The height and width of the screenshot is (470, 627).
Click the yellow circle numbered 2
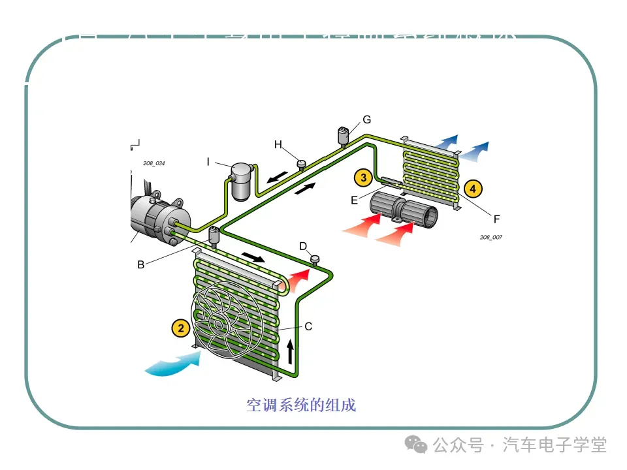pyautogui.click(x=181, y=328)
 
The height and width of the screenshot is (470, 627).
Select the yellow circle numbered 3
pyautogui.click(x=362, y=176)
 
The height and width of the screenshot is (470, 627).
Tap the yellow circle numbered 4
pyautogui.click(x=473, y=189)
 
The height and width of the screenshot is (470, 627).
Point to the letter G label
pyautogui.click(x=366, y=119)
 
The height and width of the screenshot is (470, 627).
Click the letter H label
pyautogui.click(x=278, y=144)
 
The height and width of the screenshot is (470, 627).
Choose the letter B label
pyautogui.click(x=140, y=264)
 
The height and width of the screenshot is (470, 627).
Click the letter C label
pyautogui.click(x=308, y=326)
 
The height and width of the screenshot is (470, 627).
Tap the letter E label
pyautogui.click(x=355, y=200)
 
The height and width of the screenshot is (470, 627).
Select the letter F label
pyautogui.click(x=496, y=218)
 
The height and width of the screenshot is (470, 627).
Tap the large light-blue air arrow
pyautogui.click(x=173, y=364)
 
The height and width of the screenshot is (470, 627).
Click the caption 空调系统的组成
pyautogui.click(x=301, y=405)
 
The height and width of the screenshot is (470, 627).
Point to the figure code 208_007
pyautogui.click(x=490, y=237)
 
